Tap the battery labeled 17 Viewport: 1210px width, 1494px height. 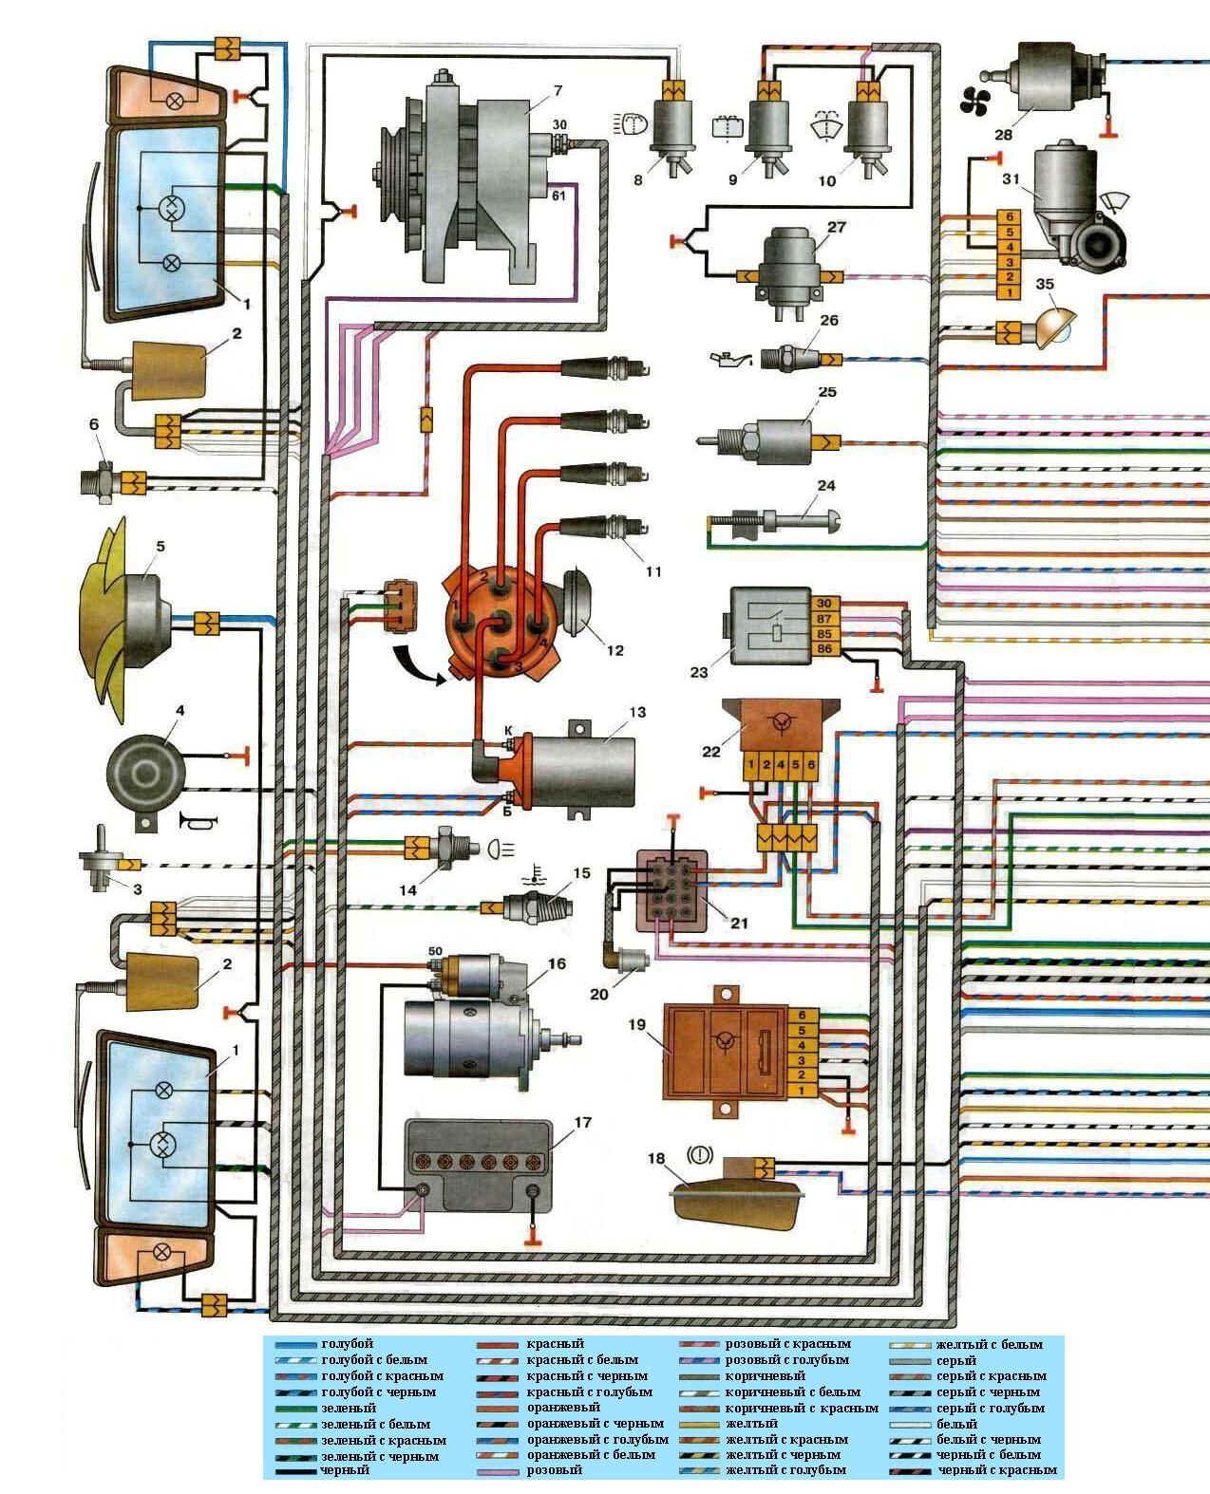tap(478, 1164)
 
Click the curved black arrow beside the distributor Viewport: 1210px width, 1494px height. tap(418, 664)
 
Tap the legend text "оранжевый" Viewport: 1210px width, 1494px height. tap(563, 1408)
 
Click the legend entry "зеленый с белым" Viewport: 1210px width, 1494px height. tap(375, 1424)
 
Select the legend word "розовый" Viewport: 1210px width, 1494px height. tap(555, 1470)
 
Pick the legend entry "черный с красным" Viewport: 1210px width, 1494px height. tap(997, 1470)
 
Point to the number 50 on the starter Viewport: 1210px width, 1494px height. tap(436, 951)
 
